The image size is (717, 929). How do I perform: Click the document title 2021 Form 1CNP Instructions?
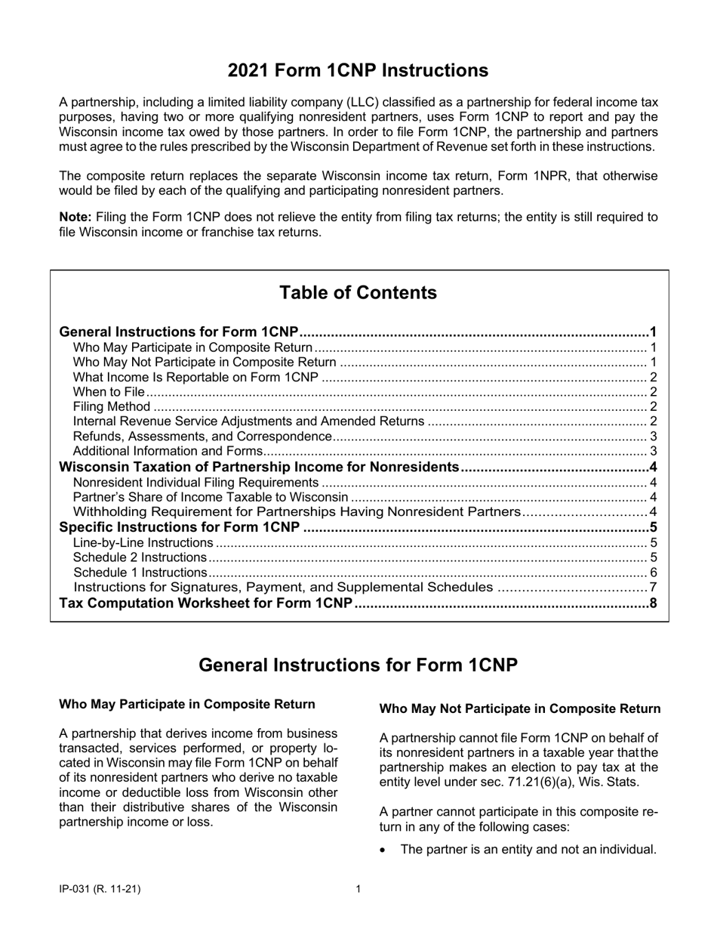[x=358, y=70]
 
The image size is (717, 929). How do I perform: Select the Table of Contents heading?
[x=358, y=292]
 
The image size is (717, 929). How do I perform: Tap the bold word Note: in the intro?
[x=75, y=217]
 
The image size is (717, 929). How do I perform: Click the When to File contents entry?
[x=108, y=391]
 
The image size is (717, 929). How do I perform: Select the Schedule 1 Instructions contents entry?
[x=139, y=573]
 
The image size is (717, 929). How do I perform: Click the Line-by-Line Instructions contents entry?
[x=143, y=542]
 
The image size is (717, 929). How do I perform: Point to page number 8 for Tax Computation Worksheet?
[x=653, y=603]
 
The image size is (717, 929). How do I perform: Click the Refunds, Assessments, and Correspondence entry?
[x=202, y=437]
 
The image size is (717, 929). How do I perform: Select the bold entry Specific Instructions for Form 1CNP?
[x=179, y=527]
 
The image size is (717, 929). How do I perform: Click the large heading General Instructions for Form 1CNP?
[x=358, y=665]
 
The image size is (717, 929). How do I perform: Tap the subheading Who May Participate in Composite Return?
[x=186, y=704]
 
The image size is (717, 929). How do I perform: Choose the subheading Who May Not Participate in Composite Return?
[x=519, y=708]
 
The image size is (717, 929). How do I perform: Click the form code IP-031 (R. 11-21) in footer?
[x=100, y=889]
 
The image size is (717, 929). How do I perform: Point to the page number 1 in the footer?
[x=358, y=889]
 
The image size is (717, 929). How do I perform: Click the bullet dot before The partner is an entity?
[x=385, y=850]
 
